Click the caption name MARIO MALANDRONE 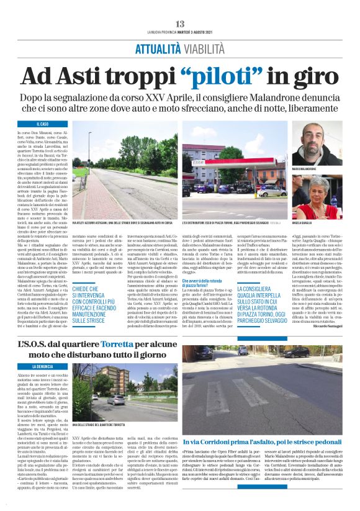tap(305, 168)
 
